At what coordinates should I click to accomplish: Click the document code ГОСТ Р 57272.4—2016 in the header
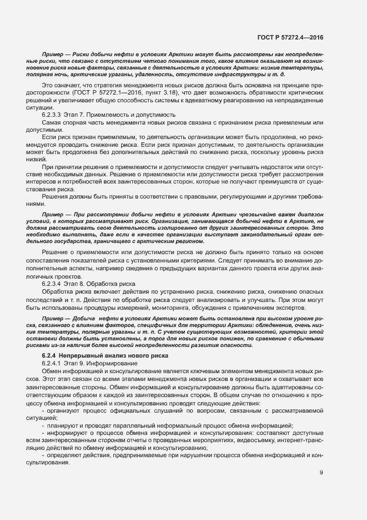pyautogui.click(x=290, y=38)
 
